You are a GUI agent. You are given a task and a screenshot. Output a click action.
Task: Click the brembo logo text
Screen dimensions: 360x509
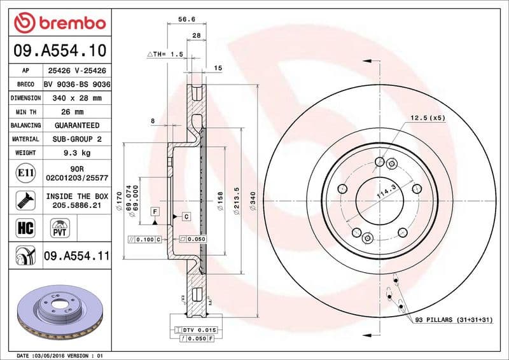(x=68, y=23)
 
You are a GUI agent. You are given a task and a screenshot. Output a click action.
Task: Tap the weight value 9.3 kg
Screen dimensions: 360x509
(x=77, y=153)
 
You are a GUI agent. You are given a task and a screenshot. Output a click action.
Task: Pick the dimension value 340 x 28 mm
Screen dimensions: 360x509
(x=77, y=98)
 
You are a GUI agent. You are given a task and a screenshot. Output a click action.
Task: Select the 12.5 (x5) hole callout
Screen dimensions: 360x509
(x=428, y=118)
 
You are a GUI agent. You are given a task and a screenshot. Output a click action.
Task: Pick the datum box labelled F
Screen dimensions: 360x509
(x=155, y=211)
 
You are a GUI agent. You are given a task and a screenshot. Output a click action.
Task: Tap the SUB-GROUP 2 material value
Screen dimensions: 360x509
(x=77, y=139)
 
